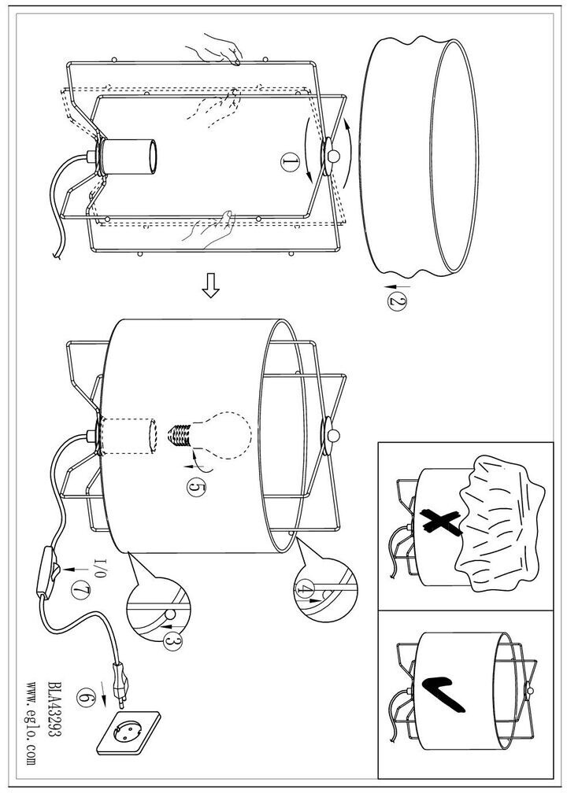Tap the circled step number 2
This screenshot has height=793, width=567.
point(396,301)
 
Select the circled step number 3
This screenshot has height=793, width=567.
point(172,643)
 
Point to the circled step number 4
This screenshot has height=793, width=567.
point(306,587)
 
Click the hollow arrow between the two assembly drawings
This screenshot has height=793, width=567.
point(209,287)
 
